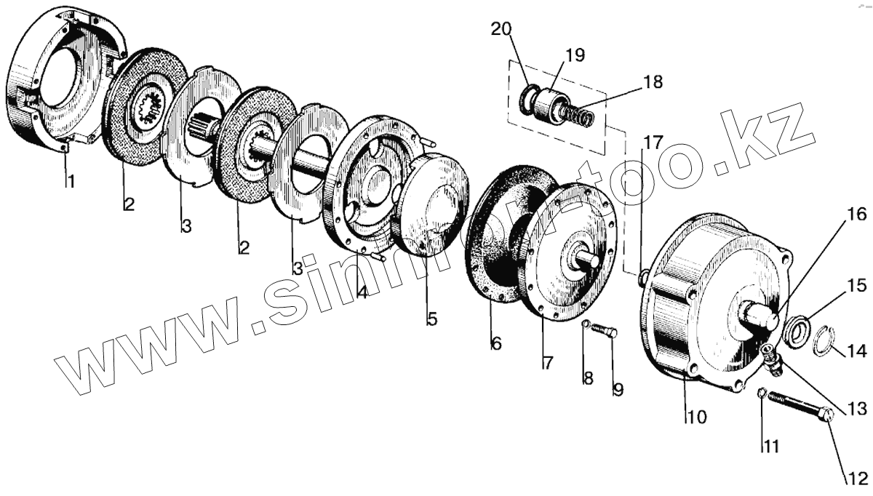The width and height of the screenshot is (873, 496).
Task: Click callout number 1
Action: coord(71,181)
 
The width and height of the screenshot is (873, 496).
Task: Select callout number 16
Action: coord(856,215)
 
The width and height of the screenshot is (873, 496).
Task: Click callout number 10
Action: coord(695,417)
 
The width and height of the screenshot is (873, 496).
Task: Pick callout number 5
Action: coord(432,319)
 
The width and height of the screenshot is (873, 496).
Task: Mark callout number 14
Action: coord(856,352)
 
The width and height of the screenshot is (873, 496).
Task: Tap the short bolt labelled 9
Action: coord(605,332)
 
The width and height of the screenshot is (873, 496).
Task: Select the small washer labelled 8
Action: coord(586,324)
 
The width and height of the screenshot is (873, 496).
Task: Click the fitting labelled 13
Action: coord(773,359)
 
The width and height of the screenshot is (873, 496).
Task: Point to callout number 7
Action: coord(547,361)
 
